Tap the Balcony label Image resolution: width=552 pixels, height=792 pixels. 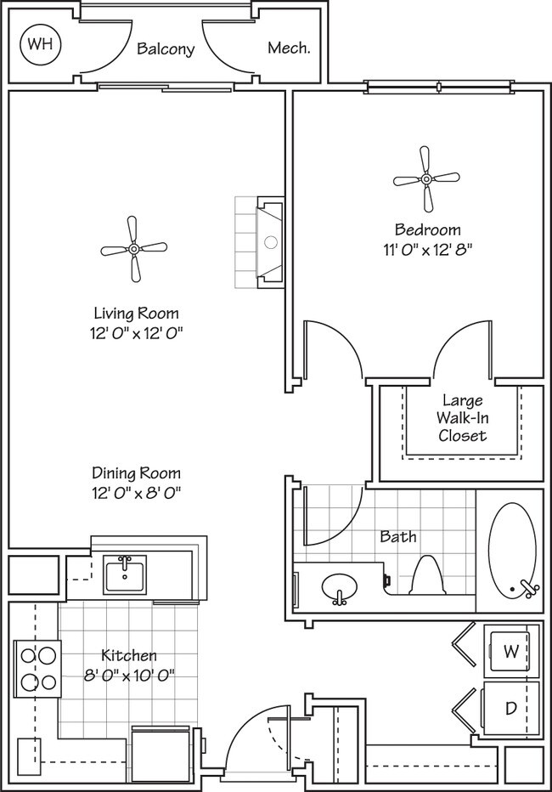pyautogui.click(x=166, y=49)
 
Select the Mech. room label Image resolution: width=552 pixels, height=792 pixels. pyautogui.click(x=289, y=48)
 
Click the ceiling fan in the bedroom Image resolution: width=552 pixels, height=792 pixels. pyautogui.click(x=426, y=179)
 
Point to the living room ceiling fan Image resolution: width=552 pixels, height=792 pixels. pyautogui.click(x=133, y=249)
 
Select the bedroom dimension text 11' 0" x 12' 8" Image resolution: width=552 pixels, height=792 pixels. pyautogui.click(x=427, y=250)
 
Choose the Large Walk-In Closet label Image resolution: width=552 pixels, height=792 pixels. pyautogui.click(x=462, y=418)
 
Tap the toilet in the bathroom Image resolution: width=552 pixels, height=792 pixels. pyautogui.click(x=424, y=577)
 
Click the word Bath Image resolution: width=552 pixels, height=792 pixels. pyautogui.click(x=397, y=536)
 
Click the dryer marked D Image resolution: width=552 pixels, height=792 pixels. pyautogui.click(x=511, y=707)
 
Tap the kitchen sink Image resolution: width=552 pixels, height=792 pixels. pyautogui.click(x=125, y=574)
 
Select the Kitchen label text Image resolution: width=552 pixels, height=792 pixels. pyautogui.click(x=129, y=655)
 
